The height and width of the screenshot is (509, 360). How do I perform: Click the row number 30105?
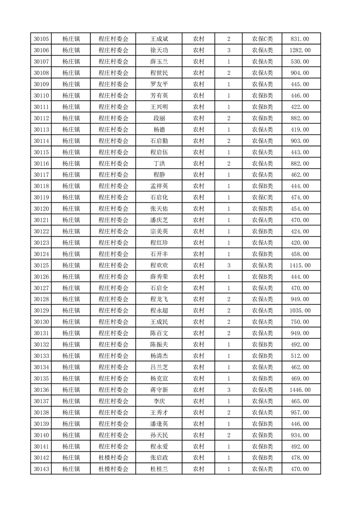point(41,39)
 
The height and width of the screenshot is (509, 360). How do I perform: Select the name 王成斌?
point(159,39)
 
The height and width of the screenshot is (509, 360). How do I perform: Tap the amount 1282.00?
point(301,50)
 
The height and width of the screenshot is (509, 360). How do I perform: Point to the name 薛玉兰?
point(159,62)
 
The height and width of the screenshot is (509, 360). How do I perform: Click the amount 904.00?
point(301,73)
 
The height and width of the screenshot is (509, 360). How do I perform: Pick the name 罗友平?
point(159,84)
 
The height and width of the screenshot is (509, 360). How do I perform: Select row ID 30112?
point(41,118)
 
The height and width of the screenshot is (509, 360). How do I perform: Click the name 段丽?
point(159,118)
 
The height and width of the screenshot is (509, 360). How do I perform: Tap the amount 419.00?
point(301,130)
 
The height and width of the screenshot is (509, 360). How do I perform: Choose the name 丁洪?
point(159,164)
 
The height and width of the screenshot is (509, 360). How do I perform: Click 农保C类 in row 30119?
point(262,198)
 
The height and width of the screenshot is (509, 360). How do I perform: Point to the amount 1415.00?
point(301,265)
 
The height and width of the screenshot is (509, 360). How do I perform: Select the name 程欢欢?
point(159,265)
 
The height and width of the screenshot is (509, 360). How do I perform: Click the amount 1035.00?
point(301,311)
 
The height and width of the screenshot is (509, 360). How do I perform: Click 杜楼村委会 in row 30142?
point(113,458)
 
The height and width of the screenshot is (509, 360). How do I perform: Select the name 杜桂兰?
point(159,470)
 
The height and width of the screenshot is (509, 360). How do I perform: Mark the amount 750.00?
point(301,322)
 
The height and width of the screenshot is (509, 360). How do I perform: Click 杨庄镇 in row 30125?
point(71,265)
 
